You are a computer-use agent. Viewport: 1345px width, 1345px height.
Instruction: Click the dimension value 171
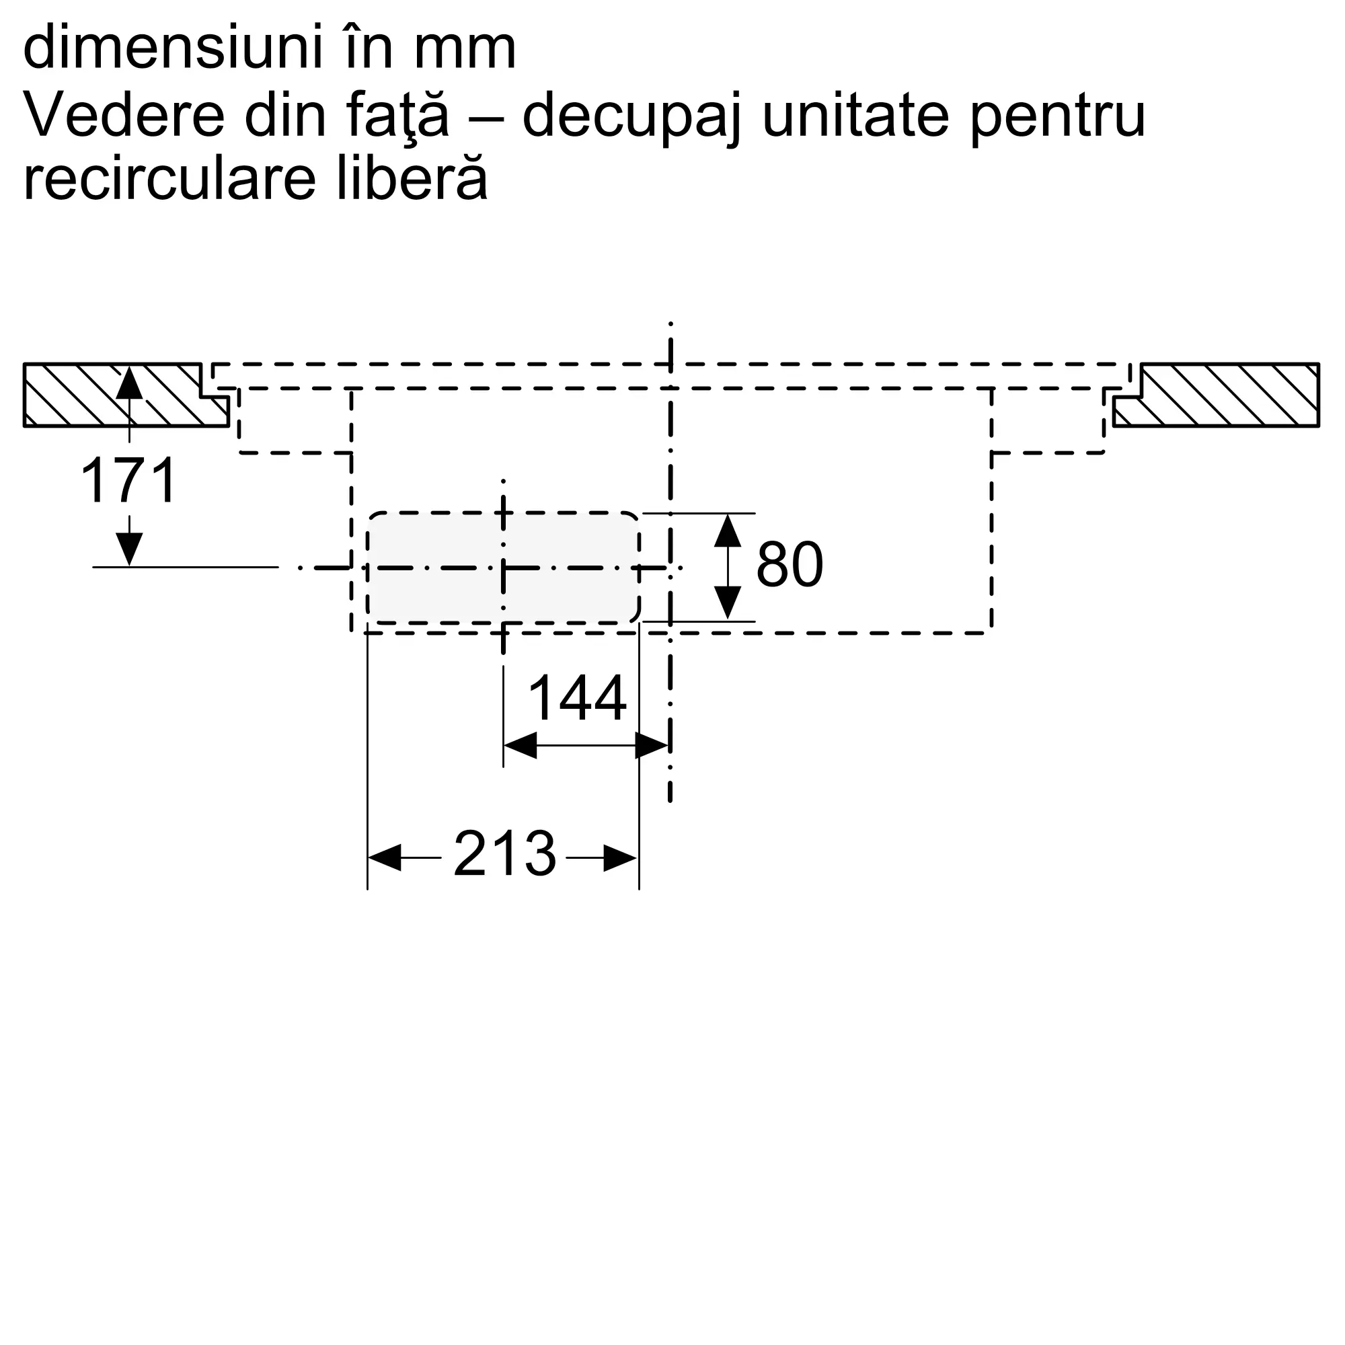(129, 480)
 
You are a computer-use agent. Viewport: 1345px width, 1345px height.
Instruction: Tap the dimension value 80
(790, 564)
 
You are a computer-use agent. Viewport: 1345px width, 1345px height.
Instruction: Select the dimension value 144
(577, 698)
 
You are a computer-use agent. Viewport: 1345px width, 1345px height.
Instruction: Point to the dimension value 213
(505, 853)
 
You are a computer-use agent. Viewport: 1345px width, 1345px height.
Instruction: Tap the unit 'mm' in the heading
(465, 53)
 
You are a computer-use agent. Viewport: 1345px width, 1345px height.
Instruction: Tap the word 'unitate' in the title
(856, 114)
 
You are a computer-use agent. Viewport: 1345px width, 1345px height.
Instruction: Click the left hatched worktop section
(126, 395)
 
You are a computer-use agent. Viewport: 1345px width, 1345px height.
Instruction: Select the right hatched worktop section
(1216, 395)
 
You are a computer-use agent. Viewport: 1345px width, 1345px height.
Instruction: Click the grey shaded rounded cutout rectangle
(502, 568)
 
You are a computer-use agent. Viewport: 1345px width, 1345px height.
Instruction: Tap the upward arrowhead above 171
(129, 383)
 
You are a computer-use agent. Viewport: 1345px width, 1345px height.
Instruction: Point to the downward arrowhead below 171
(129, 549)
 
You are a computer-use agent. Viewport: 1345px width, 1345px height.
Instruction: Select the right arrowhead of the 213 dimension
(621, 857)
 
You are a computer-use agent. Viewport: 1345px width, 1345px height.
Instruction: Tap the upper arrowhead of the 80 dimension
(728, 530)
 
